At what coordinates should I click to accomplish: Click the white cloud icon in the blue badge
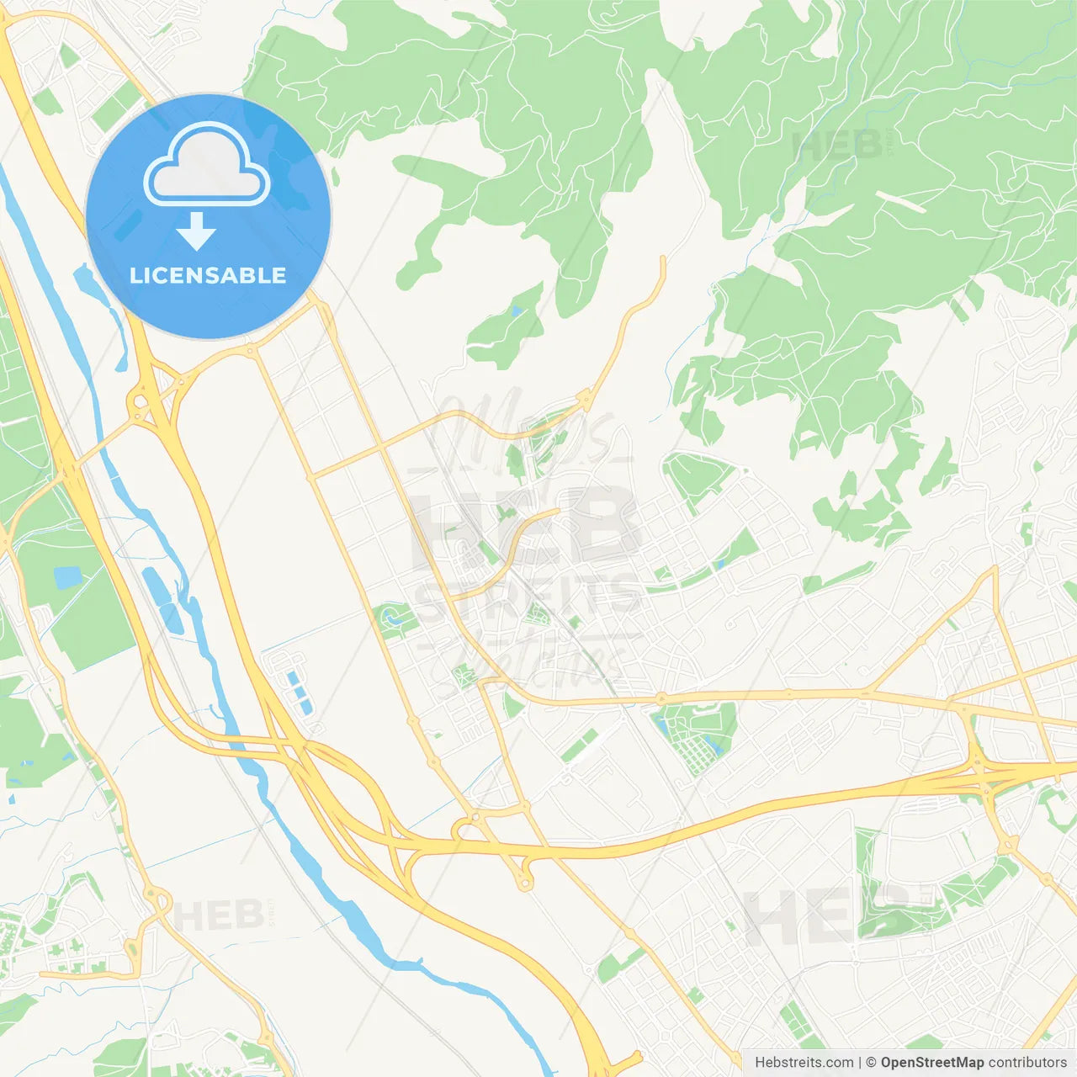(x=207, y=164)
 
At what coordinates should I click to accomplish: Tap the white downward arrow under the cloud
(x=196, y=231)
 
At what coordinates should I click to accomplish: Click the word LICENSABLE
(x=208, y=275)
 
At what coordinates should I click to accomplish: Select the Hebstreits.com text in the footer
(x=804, y=1063)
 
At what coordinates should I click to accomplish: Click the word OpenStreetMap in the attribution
(x=931, y=1063)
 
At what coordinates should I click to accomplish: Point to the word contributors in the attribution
(x=1027, y=1063)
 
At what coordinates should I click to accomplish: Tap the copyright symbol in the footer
(x=871, y=1063)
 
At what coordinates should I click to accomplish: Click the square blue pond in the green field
(x=67, y=577)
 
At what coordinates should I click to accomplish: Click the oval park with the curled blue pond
(x=395, y=621)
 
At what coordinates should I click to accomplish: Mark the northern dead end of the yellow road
(x=663, y=259)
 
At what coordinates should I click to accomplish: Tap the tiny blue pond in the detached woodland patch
(x=515, y=311)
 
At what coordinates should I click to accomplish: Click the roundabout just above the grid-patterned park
(x=661, y=698)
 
